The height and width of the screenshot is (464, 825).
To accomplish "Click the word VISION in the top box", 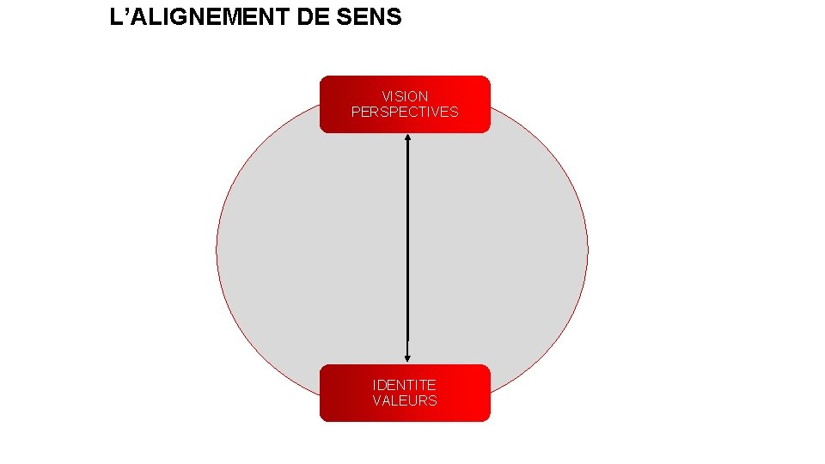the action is pyautogui.click(x=405, y=96).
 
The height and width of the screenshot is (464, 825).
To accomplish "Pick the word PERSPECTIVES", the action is pyautogui.click(x=405, y=112).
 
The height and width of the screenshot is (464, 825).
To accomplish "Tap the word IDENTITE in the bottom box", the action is pyautogui.click(x=405, y=385).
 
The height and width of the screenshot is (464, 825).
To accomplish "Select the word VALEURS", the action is pyautogui.click(x=405, y=400).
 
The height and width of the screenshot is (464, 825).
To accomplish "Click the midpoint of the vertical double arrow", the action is pyautogui.click(x=407, y=248).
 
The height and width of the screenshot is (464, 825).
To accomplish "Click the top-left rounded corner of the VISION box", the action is pyautogui.click(x=323, y=79).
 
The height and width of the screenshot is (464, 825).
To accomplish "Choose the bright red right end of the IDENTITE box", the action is pyautogui.click(x=481, y=393).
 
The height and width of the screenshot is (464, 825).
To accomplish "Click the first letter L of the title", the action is pyautogui.click(x=116, y=16).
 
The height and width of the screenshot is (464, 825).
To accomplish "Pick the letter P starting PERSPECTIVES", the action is pyautogui.click(x=356, y=112).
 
